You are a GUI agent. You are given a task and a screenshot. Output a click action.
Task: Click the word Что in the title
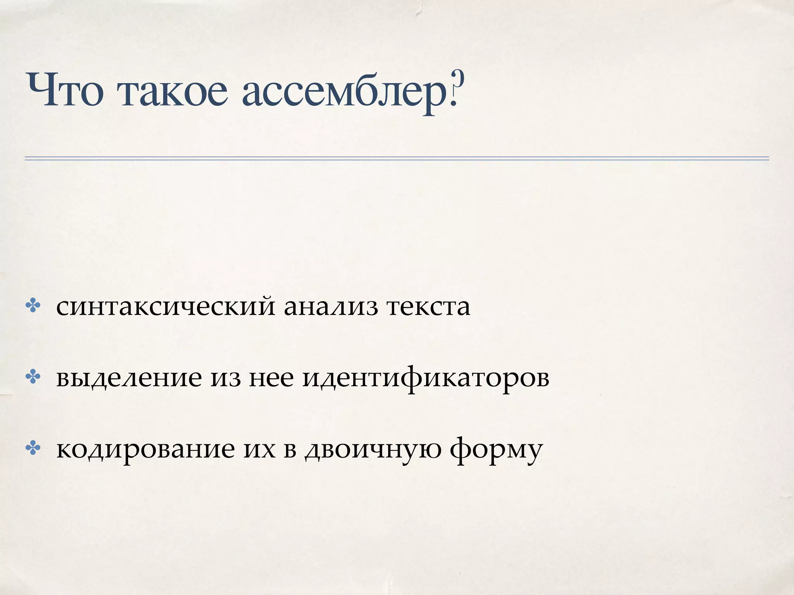(65, 91)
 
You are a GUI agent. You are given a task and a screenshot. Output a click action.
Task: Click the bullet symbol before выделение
(33, 377)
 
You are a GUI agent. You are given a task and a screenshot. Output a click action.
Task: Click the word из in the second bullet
(225, 378)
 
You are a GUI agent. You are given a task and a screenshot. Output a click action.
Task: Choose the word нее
(271, 378)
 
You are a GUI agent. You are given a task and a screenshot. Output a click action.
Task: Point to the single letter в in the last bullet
(290, 449)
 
